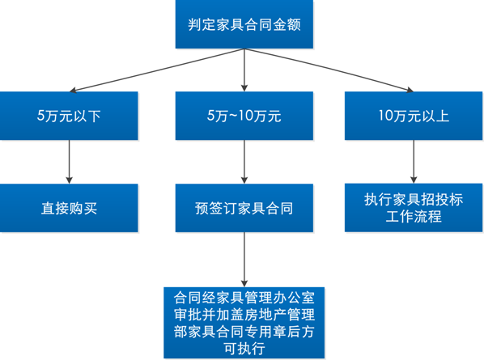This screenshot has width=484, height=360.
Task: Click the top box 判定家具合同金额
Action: pyautogui.click(x=244, y=24)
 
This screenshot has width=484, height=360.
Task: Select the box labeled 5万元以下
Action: pyautogui.click(x=69, y=116)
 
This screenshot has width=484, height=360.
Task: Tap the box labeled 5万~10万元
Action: pyautogui.click(x=244, y=116)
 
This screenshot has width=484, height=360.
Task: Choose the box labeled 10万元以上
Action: pyautogui.click(x=414, y=116)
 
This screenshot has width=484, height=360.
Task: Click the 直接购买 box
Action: pyautogui.click(x=69, y=208)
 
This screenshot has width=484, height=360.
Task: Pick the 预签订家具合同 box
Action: pyautogui.click(x=244, y=208)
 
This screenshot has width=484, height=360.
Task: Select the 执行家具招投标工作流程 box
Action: pyautogui.click(x=414, y=208)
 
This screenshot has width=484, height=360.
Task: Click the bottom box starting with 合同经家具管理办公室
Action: pyautogui.click(x=244, y=323)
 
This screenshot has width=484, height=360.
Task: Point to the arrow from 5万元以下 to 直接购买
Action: pyautogui.click(x=69, y=162)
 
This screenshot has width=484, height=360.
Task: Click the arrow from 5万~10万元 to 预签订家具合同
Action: pyautogui.click(x=244, y=162)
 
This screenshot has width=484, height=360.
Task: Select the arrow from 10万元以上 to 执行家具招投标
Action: pyautogui.click(x=414, y=162)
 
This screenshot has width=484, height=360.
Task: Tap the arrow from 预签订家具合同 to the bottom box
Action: pyautogui.click(x=244, y=260)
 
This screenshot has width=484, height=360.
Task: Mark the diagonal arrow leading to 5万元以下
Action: pyautogui.click(x=157, y=70)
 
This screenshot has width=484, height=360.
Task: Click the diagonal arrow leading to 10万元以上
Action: pyautogui.click(x=329, y=70)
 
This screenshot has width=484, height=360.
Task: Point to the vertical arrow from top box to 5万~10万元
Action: pyautogui.click(x=244, y=70)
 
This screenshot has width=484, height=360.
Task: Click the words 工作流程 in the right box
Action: pyautogui.click(x=414, y=216)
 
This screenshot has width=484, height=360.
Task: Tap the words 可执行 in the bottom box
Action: pyautogui.click(x=244, y=349)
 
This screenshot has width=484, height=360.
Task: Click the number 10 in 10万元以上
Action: pyautogui.click(x=385, y=116)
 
